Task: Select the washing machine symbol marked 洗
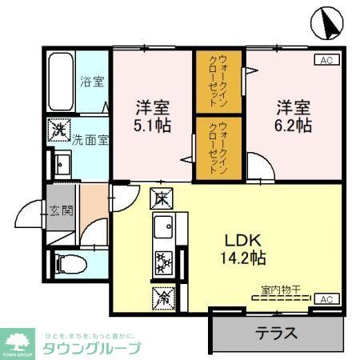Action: [x=58, y=129]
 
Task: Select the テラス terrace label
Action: [x=277, y=333]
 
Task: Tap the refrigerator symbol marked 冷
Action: [x=160, y=298]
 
